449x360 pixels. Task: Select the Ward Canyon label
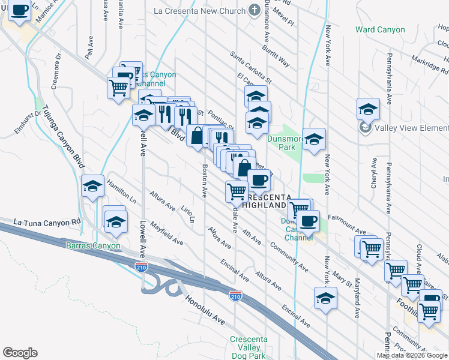click(379, 29)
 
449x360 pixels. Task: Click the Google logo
click(20, 353)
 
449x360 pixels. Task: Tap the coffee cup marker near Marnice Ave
click(19, 11)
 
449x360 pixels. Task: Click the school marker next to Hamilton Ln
click(93, 187)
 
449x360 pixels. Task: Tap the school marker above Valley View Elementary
click(368, 109)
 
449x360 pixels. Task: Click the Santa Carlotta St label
click(252, 68)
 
